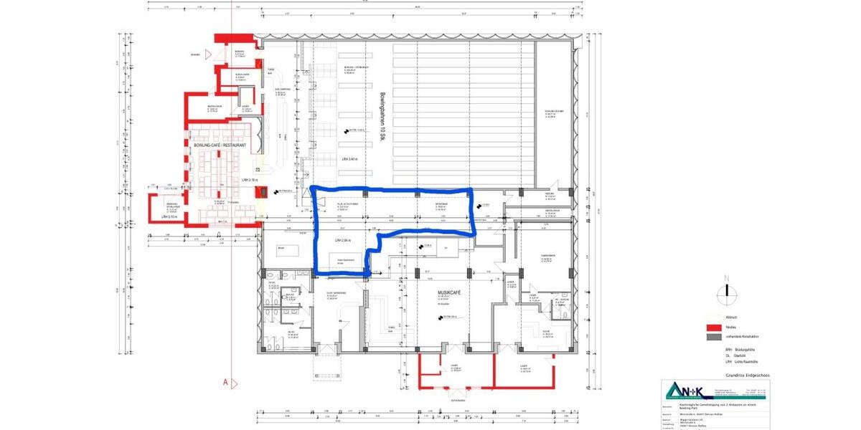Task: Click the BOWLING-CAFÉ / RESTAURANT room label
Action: (x=220, y=145)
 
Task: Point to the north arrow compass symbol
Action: (x=728, y=290)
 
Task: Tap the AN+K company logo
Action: (x=687, y=390)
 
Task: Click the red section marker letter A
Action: (x=225, y=382)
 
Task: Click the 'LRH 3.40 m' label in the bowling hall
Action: (x=349, y=158)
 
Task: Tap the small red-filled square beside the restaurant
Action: (x=262, y=192)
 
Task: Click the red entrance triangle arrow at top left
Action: (x=207, y=54)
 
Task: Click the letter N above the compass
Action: (x=727, y=278)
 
